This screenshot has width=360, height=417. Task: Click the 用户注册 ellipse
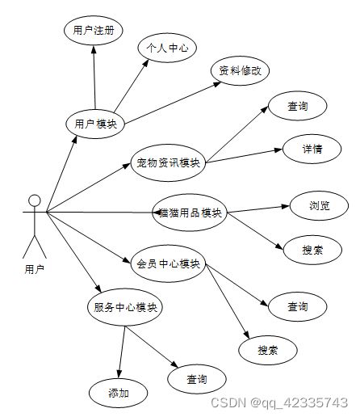coord(94,31)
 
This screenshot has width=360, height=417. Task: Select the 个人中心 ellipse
coord(167,48)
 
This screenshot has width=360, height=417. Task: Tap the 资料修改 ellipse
coord(240,71)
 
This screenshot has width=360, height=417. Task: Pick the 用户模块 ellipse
coord(95,124)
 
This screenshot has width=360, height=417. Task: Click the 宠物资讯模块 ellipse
coord(168,162)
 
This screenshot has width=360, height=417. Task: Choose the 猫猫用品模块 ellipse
coord(190,213)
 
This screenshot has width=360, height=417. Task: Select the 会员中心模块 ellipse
coord(168,263)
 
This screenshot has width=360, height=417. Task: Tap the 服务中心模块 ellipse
coord(125,307)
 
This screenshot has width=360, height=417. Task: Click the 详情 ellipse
coord(312,149)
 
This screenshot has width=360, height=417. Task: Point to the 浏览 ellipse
coord(319,206)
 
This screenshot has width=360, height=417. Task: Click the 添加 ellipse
coord(119,393)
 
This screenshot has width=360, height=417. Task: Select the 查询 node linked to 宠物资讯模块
coord(298,106)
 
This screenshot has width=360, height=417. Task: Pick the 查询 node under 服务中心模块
coord(197,379)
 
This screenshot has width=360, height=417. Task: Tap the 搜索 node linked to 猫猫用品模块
coord(312,250)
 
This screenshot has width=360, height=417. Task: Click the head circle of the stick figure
coord(35,200)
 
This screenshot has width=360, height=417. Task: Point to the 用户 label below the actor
coord(35,269)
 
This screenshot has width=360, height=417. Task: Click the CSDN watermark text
coord(279,402)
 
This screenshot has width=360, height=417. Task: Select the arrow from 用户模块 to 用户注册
coord(94,78)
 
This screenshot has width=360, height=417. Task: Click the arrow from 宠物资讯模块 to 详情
coord(244,156)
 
